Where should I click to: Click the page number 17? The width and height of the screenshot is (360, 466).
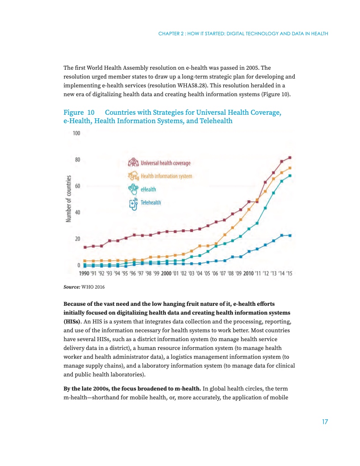pyautogui.click(x=325, y=422)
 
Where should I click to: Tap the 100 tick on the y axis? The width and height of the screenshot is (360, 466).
pyautogui.click(x=76, y=133)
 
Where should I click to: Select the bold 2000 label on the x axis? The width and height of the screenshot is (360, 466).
pyautogui.click(x=166, y=274)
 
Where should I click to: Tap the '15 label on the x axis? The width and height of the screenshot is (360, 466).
pyautogui.click(x=289, y=274)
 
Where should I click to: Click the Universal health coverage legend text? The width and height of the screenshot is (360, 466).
pyautogui.click(x=165, y=163)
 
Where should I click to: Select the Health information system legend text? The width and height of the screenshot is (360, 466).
pyautogui.click(x=166, y=176)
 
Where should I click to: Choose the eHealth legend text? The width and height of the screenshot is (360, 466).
pyautogui.click(x=149, y=189)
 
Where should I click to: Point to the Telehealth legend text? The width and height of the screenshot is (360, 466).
pyautogui.click(x=151, y=203)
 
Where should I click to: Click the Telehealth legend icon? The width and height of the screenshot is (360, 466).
pyautogui.click(x=133, y=203)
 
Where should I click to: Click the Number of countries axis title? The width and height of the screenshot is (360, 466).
pyautogui.click(x=69, y=199)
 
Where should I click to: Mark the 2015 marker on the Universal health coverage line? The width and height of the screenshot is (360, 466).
pyautogui.click(x=290, y=158)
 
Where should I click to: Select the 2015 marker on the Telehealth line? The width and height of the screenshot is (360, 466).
pyautogui.click(x=290, y=235)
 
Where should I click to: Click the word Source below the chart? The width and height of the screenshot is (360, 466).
pyautogui.click(x=71, y=287)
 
